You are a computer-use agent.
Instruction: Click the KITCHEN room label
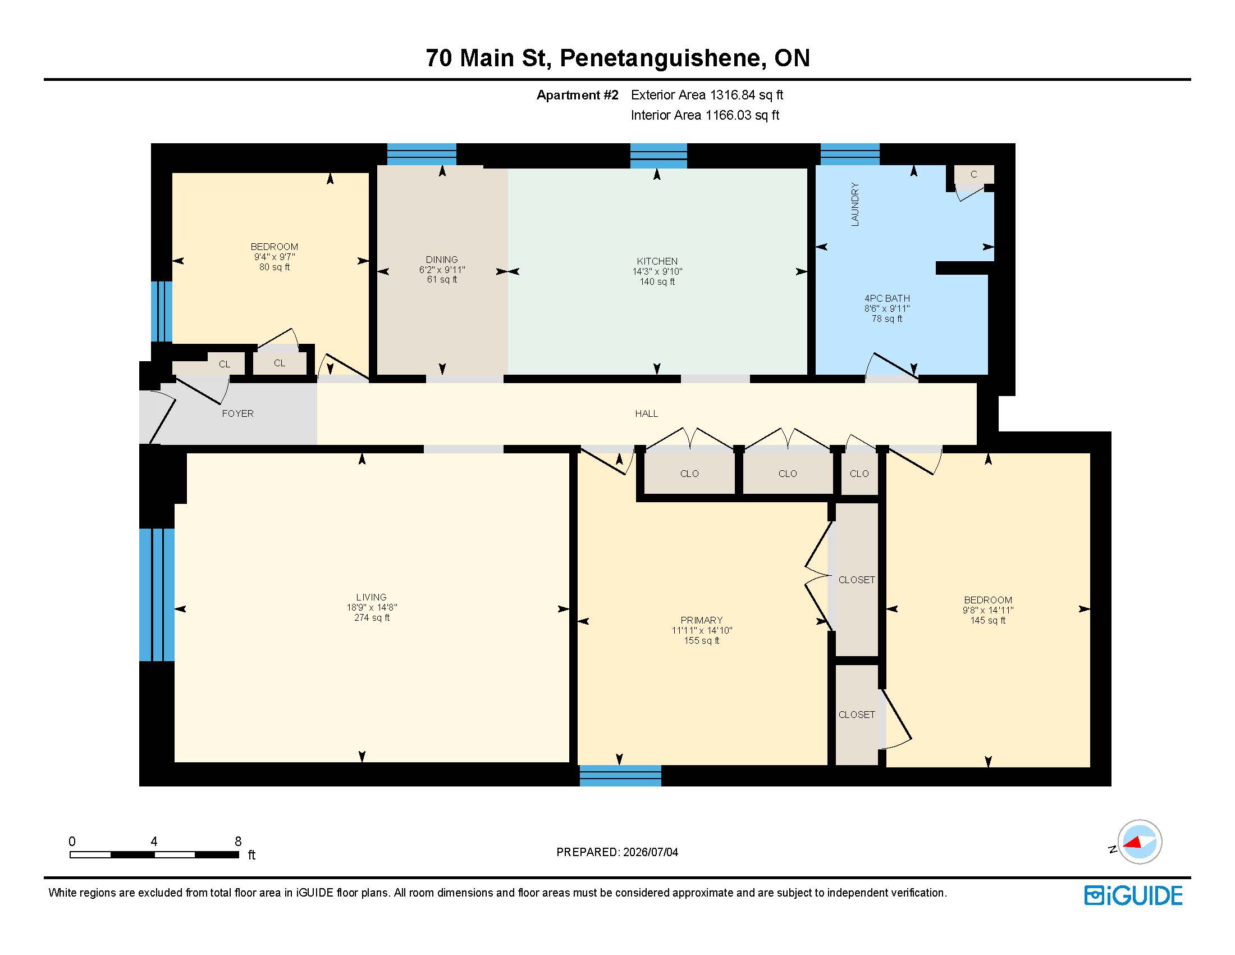[x=657, y=261]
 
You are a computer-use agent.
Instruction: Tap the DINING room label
[x=442, y=260]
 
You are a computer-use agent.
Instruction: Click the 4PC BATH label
[x=886, y=299]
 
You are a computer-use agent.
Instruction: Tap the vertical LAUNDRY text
[x=855, y=204]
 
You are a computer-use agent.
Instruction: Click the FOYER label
[x=237, y=413]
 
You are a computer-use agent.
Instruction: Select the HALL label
[x=646, y=413]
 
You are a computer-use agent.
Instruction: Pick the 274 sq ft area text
[x=372, y=618]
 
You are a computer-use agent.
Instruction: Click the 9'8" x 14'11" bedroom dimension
[x=988, y=611]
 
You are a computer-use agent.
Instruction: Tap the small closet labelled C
[x=974, y=175]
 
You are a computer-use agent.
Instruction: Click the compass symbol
[x=1139, y=842]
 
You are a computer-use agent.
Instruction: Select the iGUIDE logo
[x=1133, y=895]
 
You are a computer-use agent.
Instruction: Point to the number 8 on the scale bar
[x=238, y=842]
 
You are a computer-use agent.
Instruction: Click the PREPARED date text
[x=617, y=852]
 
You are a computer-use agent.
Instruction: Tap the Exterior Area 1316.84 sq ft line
[x=707, y=95]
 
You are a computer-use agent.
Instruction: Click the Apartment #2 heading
[x=577, y=95]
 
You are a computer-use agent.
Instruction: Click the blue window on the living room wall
[x=157, y=594]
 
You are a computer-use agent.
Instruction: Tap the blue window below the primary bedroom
[x=620, y=776]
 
